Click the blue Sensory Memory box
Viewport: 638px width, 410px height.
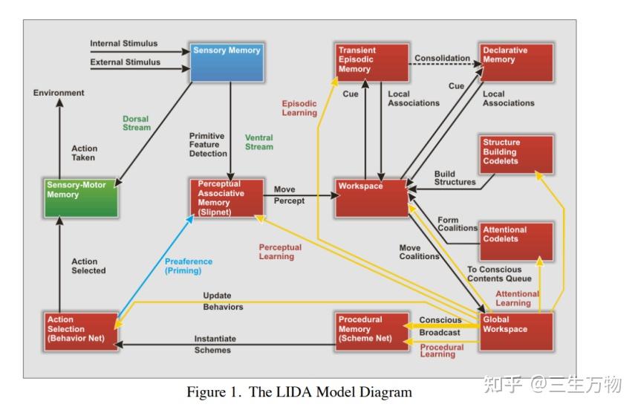tap(227, 62)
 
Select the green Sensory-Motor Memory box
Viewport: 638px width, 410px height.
tap(81, 198)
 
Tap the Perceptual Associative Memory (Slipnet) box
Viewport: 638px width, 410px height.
tap(227, 198)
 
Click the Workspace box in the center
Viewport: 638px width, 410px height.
tap(371, 198)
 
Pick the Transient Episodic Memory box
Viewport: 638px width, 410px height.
tap(371, 62)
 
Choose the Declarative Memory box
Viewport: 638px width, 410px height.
tap(516, 62)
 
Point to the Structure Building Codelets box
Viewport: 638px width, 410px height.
tap(516, 155)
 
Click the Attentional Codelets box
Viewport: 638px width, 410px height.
tap(516, 241)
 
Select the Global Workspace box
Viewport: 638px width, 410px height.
tap(516, 331)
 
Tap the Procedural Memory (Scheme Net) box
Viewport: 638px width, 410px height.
tap(371, 331)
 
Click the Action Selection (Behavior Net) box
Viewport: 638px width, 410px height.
tap(81, 331)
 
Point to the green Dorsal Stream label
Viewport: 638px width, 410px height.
tap(137, 123)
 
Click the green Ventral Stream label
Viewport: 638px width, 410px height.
tap(259, 143)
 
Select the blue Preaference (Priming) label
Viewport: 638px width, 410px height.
tap(189, 266)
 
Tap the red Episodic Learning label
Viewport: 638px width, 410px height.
tap(299, 108)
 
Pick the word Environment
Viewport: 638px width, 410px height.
tap(59, 93)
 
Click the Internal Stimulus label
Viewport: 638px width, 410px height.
tap(124, 44)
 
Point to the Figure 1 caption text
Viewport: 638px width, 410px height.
tap(299, 392)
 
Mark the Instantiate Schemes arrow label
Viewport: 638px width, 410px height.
tap(214, 344)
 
